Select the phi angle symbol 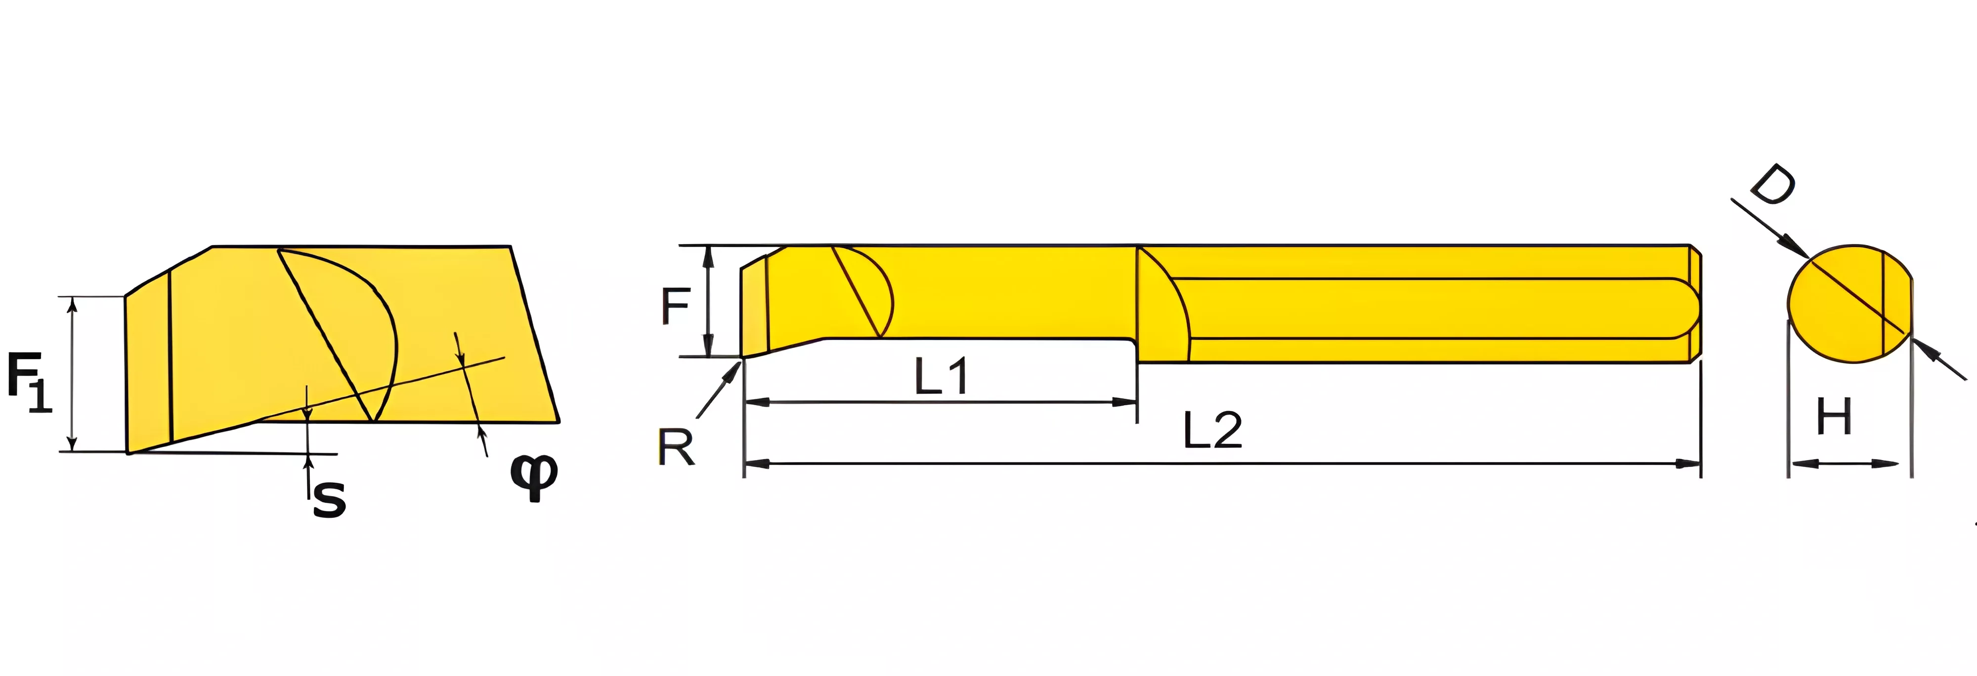(534, 476)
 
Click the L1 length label (942, 376)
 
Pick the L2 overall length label (1212, 430)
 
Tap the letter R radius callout (676, 447)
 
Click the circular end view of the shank (1849, 304)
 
